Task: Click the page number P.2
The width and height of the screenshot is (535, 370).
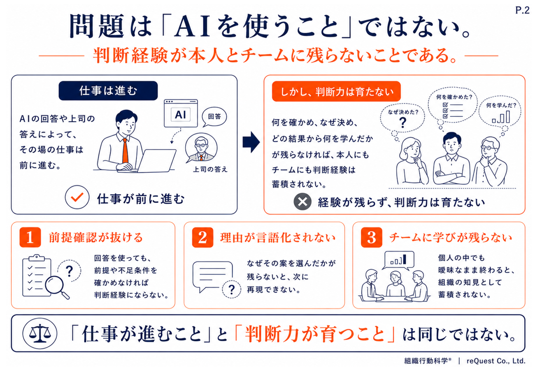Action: [x=522, y=10]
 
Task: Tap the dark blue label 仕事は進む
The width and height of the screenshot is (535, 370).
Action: [x=108, y=91]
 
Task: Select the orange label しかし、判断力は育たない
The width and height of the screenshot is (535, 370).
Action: [x=336, y=91]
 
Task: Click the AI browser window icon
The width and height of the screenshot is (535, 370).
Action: [x=181, y=113]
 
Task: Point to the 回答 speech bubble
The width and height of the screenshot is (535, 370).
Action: [x=214, y=117]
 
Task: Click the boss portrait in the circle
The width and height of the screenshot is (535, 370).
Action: [x=201, y=148]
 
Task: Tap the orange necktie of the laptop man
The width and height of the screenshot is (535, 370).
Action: [x=125, y=151]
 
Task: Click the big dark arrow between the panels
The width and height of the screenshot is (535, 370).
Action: [x=251, y=142]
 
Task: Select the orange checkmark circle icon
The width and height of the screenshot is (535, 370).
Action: [x=77, y=197]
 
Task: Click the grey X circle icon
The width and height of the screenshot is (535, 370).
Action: [x=302, y=201]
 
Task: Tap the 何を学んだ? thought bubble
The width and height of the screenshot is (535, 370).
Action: [x=500, y=112]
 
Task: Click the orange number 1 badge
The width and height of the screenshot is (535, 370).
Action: [x=30, y=237]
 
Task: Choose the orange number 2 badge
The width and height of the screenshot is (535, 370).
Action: [x=202, y=237]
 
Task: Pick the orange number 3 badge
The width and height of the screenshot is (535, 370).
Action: [x=371, y=237]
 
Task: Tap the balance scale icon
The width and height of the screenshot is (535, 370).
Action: [x=40, y=333]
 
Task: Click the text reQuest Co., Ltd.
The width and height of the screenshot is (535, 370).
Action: [x=496, y=361]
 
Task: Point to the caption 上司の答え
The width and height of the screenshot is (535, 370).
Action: [x=210, y=169]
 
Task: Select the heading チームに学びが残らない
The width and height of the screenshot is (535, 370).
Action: [x=451, y=238]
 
